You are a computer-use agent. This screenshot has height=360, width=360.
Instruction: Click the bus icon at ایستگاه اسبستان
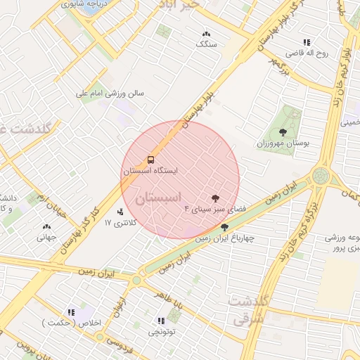pos(151,160)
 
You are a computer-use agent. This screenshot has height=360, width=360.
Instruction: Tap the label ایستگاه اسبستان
pos(151,171)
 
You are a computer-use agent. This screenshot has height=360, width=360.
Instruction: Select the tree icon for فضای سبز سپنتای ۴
pos(215,198)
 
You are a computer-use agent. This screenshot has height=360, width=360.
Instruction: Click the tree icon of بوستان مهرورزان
pos(283,131)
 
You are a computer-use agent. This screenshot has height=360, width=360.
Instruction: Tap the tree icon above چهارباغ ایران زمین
pos(224,227)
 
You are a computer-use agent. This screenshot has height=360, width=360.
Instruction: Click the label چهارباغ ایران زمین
pos(223,238)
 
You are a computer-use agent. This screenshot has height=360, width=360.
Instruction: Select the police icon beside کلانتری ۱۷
pos(120,212)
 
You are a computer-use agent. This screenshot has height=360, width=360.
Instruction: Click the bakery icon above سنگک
pos(206,34)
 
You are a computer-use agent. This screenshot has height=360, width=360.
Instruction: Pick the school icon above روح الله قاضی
pos(306,42)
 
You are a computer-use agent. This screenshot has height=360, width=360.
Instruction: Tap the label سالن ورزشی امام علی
pos(110,92)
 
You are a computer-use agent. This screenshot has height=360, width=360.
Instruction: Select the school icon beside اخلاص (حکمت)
pos(70,312)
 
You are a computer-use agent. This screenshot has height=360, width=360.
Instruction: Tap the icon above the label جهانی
pos(46,227)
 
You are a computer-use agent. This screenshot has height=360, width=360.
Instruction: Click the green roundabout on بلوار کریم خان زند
pos(321,175)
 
